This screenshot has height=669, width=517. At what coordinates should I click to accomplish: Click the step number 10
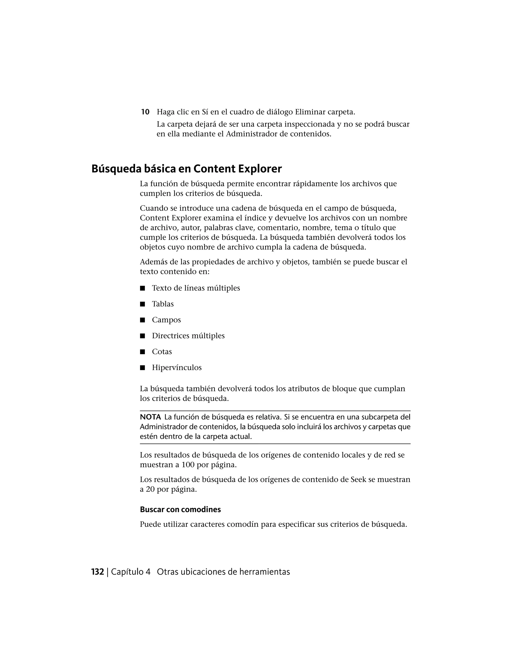(x=145, y=112)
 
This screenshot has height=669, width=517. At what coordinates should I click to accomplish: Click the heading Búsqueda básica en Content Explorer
(x=187, y=169)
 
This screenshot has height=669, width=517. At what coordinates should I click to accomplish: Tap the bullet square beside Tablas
(x=142, y=304)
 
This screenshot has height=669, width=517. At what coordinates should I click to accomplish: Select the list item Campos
(x=166, y=320)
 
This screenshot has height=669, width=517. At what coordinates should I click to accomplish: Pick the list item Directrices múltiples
(x=188, y=336)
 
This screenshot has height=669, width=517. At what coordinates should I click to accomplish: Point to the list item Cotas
(x=162, y=352)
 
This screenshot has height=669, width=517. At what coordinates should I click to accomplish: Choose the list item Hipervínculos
(x=177, y=368)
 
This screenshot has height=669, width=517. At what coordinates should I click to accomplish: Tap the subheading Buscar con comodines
(x=180, y=509)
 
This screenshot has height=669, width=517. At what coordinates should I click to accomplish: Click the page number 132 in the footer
(x=98, y=572)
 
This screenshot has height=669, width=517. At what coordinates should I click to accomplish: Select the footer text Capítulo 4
(x=131, y=572)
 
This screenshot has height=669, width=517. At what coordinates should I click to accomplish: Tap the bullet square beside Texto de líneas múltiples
(x=142, y=288)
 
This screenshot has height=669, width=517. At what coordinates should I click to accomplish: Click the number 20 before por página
(x=150, y=490)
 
